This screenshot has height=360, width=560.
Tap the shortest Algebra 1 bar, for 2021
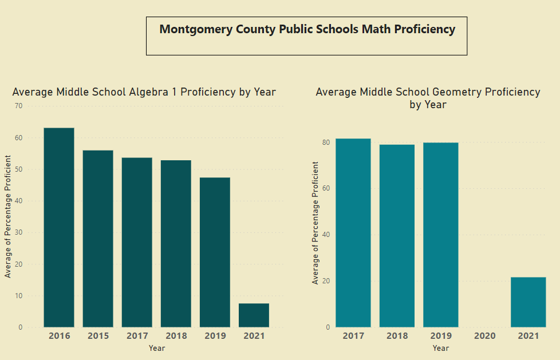point(254,315)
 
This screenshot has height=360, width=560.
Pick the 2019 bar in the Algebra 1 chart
point(215,252)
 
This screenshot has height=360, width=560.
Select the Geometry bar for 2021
point(528,302)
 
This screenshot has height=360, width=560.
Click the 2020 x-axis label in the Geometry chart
point(484,336)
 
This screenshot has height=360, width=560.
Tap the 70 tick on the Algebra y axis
point(19,106)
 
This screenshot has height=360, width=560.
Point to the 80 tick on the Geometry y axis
point(325,143)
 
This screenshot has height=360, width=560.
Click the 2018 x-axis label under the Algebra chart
point(176,336)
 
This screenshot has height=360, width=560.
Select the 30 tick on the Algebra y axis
point(19,232)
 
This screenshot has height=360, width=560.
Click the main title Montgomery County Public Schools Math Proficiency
point(307,30)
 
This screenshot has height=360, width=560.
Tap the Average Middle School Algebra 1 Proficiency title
point(144,92)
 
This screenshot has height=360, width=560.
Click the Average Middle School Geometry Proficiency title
point(428,98)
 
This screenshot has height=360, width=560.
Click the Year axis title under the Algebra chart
point(157,348)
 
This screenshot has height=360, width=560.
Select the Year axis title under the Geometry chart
point(440,348)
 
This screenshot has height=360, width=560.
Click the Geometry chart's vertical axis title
point(316,223)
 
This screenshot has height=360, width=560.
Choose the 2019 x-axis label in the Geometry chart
point(440,336)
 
